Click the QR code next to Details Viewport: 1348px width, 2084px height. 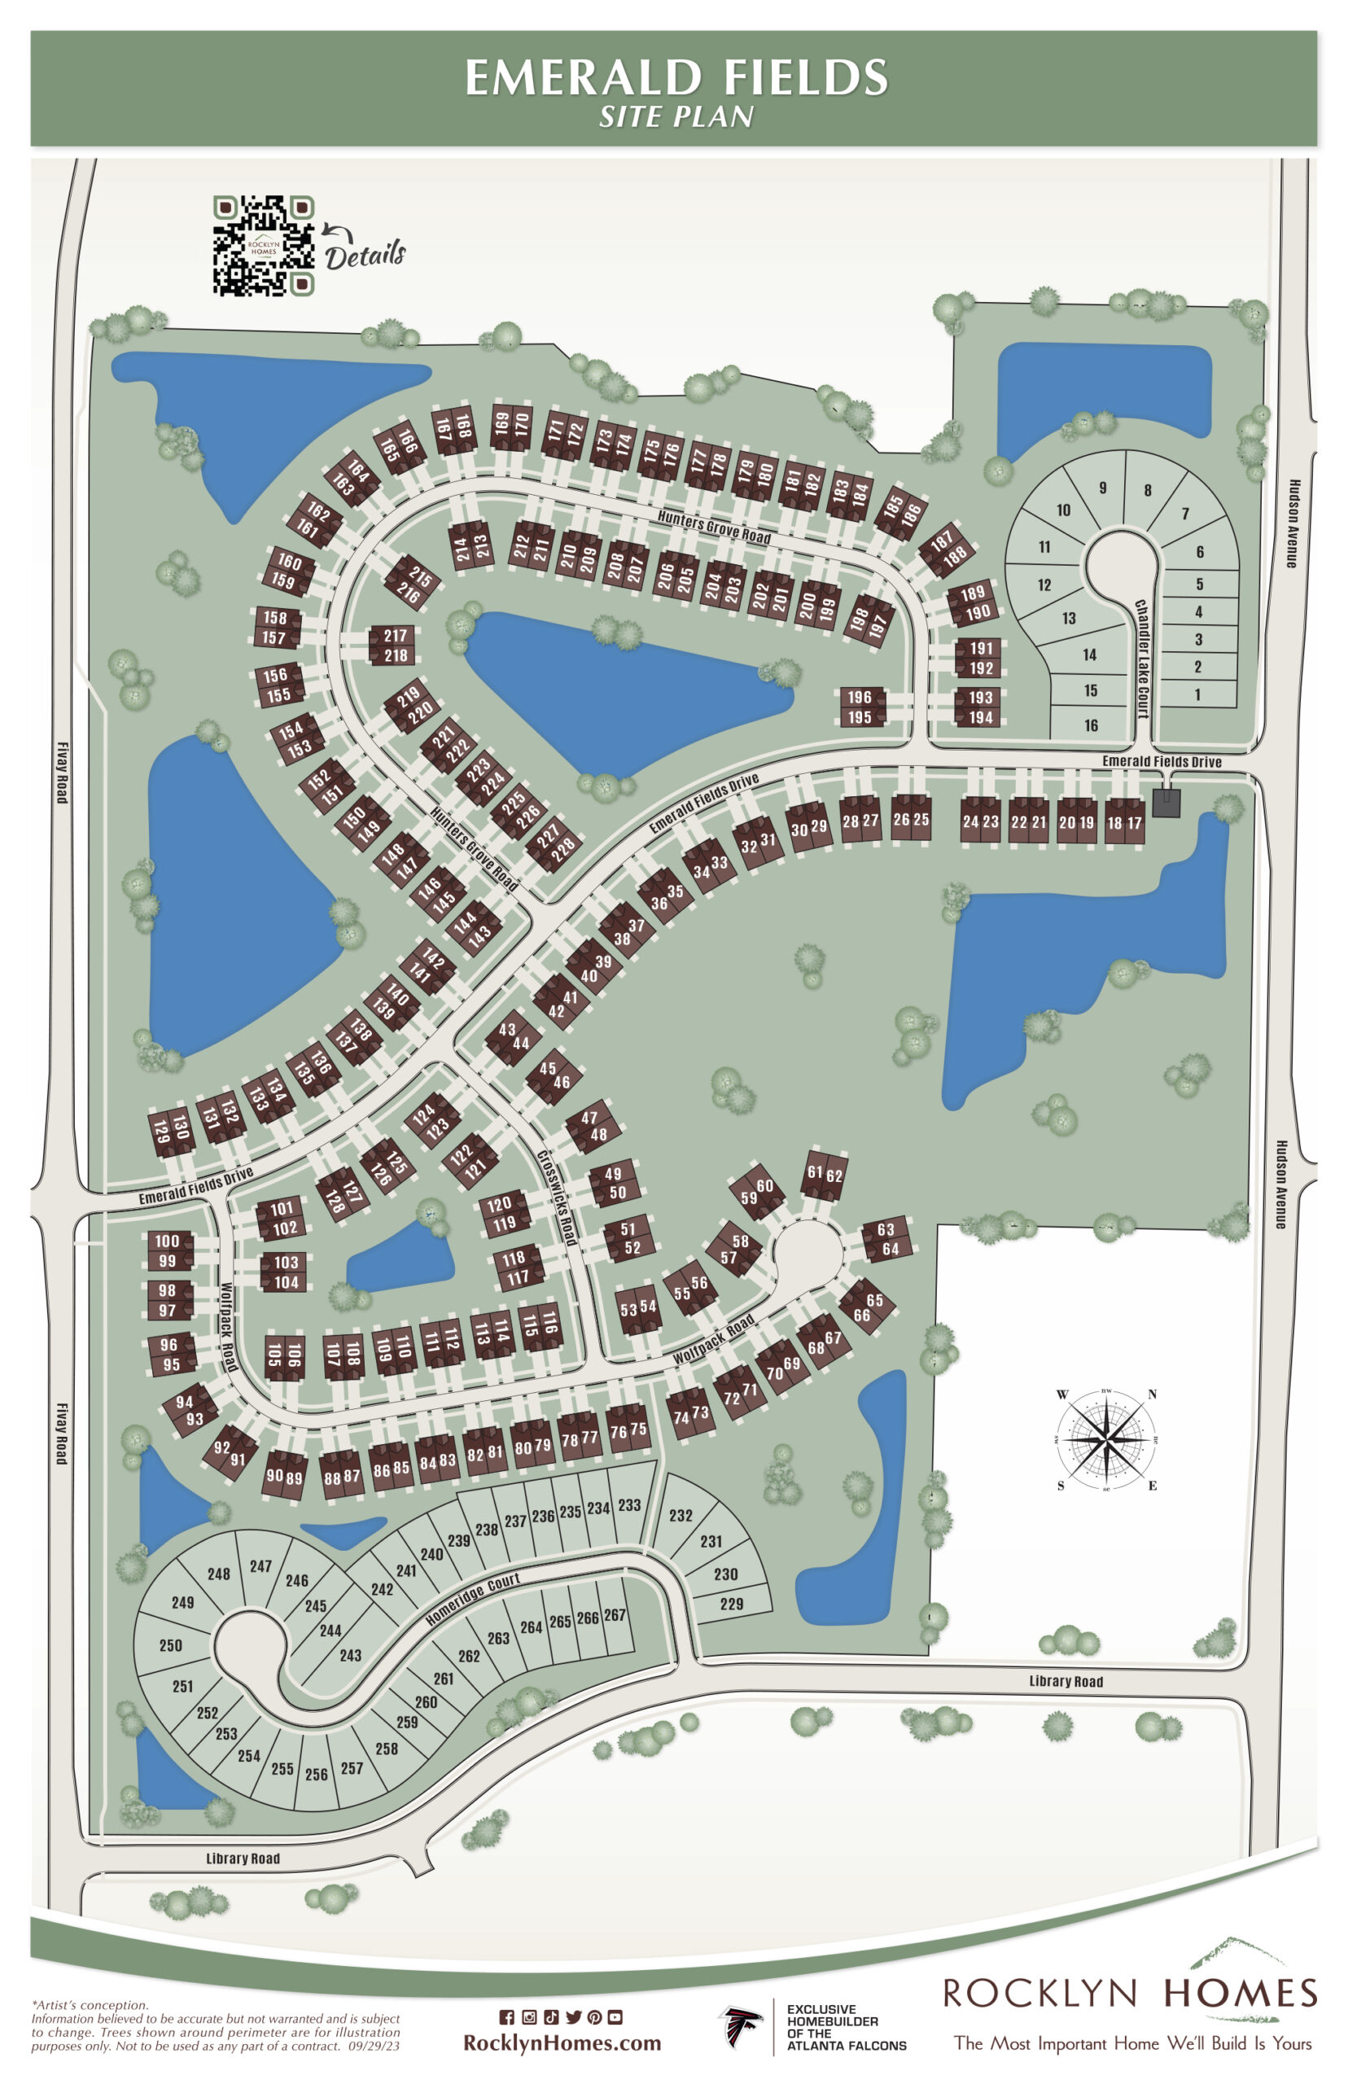point(264,245)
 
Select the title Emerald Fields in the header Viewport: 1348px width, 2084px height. point(676,78)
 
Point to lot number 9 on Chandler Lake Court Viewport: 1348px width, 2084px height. point(1102,488)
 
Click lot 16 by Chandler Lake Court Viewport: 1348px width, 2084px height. point(1091,725)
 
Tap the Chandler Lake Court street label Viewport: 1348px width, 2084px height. point(1141,659)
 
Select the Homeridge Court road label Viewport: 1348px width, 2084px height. point(473,1599)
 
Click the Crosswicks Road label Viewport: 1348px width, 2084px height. point(557,1197)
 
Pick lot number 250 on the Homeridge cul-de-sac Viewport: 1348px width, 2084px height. point(171,1644)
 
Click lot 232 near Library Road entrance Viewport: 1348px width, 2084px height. point(681,1515)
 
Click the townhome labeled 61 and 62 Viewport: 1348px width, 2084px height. point(825,1174)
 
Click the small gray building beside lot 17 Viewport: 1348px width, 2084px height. point(1166,802)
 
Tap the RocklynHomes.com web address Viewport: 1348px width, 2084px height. point(562,2042)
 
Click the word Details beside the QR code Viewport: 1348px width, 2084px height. point(365,255)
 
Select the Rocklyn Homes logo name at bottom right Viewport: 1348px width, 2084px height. point(1129,1993)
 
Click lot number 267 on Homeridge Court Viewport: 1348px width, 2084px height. point(615,1614)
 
